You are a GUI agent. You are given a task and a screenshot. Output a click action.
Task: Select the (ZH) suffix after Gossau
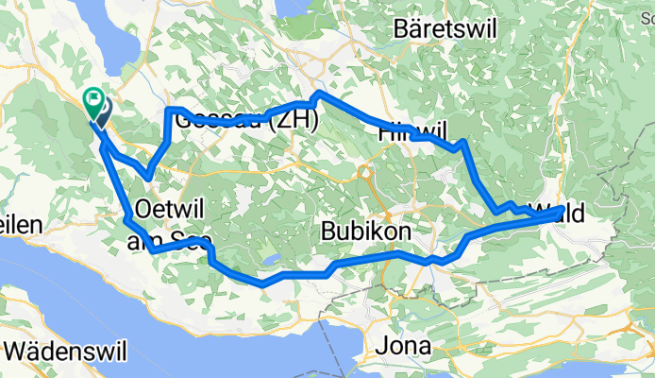(x=294, y=121)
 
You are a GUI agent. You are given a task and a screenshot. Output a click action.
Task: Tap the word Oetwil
(x=170, y=207)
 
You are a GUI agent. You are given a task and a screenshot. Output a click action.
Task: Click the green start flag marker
(x=95, y=98)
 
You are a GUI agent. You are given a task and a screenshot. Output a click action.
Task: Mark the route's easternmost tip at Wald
(x=563, y=208)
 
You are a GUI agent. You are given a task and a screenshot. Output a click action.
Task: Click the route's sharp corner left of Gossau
(x=170, y=111)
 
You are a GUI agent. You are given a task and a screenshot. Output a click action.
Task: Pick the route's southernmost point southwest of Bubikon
(x=263, y=283)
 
